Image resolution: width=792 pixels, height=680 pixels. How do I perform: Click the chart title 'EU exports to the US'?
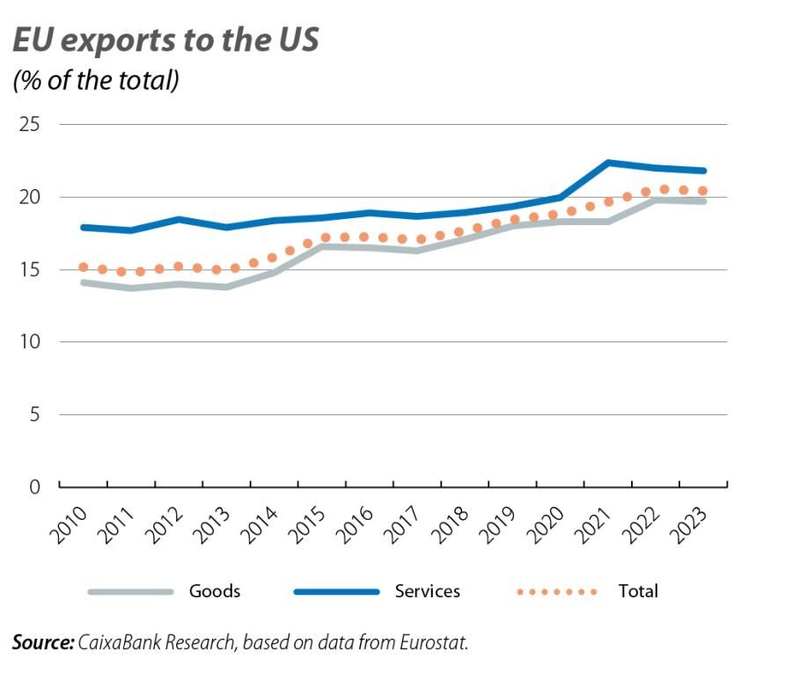[x=165, y=40]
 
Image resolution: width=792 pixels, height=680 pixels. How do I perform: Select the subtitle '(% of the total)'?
[x=96, y=81]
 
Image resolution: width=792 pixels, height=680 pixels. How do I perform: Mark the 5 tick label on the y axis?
[x=35, y=413]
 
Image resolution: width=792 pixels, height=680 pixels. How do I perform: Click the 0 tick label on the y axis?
[x=35, y=486]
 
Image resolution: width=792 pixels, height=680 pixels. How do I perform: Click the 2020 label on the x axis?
[x=543, y=526]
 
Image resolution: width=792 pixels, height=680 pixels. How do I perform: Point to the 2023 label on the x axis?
[x=686, y=526]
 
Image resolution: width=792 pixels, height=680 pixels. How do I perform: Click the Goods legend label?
[x=214, y=591]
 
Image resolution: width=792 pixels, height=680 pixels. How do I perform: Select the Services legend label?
[x=428, y=591]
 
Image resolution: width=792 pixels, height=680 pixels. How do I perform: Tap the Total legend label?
[x=638, y=591]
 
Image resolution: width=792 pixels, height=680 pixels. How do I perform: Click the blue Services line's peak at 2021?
[x=608, y=163]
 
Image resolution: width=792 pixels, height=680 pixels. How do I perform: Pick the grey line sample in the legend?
[x=131, y=592]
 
